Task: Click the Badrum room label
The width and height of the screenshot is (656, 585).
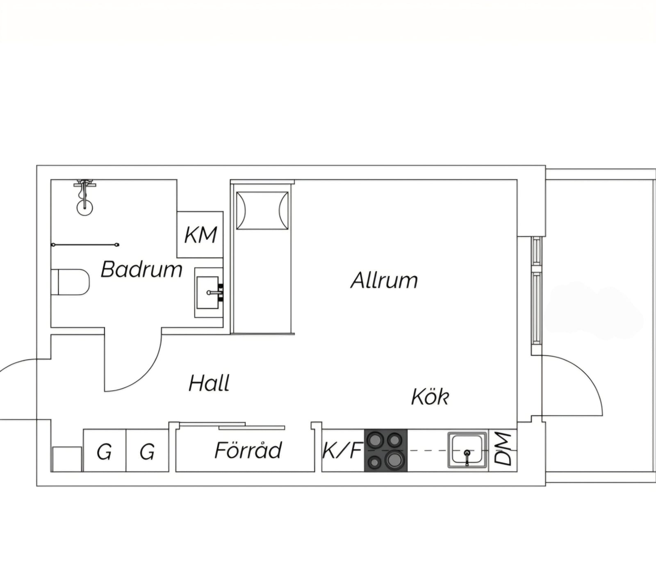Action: coord(141,269)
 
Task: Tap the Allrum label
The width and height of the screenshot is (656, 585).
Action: coord(384,280)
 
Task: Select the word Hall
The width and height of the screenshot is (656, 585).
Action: coord(209,383)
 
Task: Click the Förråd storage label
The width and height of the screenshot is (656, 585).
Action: coord(248,450)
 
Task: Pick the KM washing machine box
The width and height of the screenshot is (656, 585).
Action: coord(200,234)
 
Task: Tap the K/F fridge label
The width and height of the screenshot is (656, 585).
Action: coord(343,450)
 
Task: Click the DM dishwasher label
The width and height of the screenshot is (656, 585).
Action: coord(503,449)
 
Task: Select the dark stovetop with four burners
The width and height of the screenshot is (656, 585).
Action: coord(386,450)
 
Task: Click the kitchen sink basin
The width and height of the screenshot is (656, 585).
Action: coord(467,450)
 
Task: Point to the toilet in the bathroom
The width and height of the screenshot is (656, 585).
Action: coord(70,282)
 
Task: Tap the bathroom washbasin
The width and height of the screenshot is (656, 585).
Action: coord(209,293)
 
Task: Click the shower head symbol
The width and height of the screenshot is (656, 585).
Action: coord(84,197)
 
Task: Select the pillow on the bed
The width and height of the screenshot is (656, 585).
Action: coord(262,211)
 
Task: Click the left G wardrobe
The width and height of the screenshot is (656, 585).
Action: coord(105,450)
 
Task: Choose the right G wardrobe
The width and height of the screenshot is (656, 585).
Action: coord(147,450)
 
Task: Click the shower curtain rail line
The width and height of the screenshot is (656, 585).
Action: coord(85,245)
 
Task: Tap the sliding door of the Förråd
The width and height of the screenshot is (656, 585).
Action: coord(232,426)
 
